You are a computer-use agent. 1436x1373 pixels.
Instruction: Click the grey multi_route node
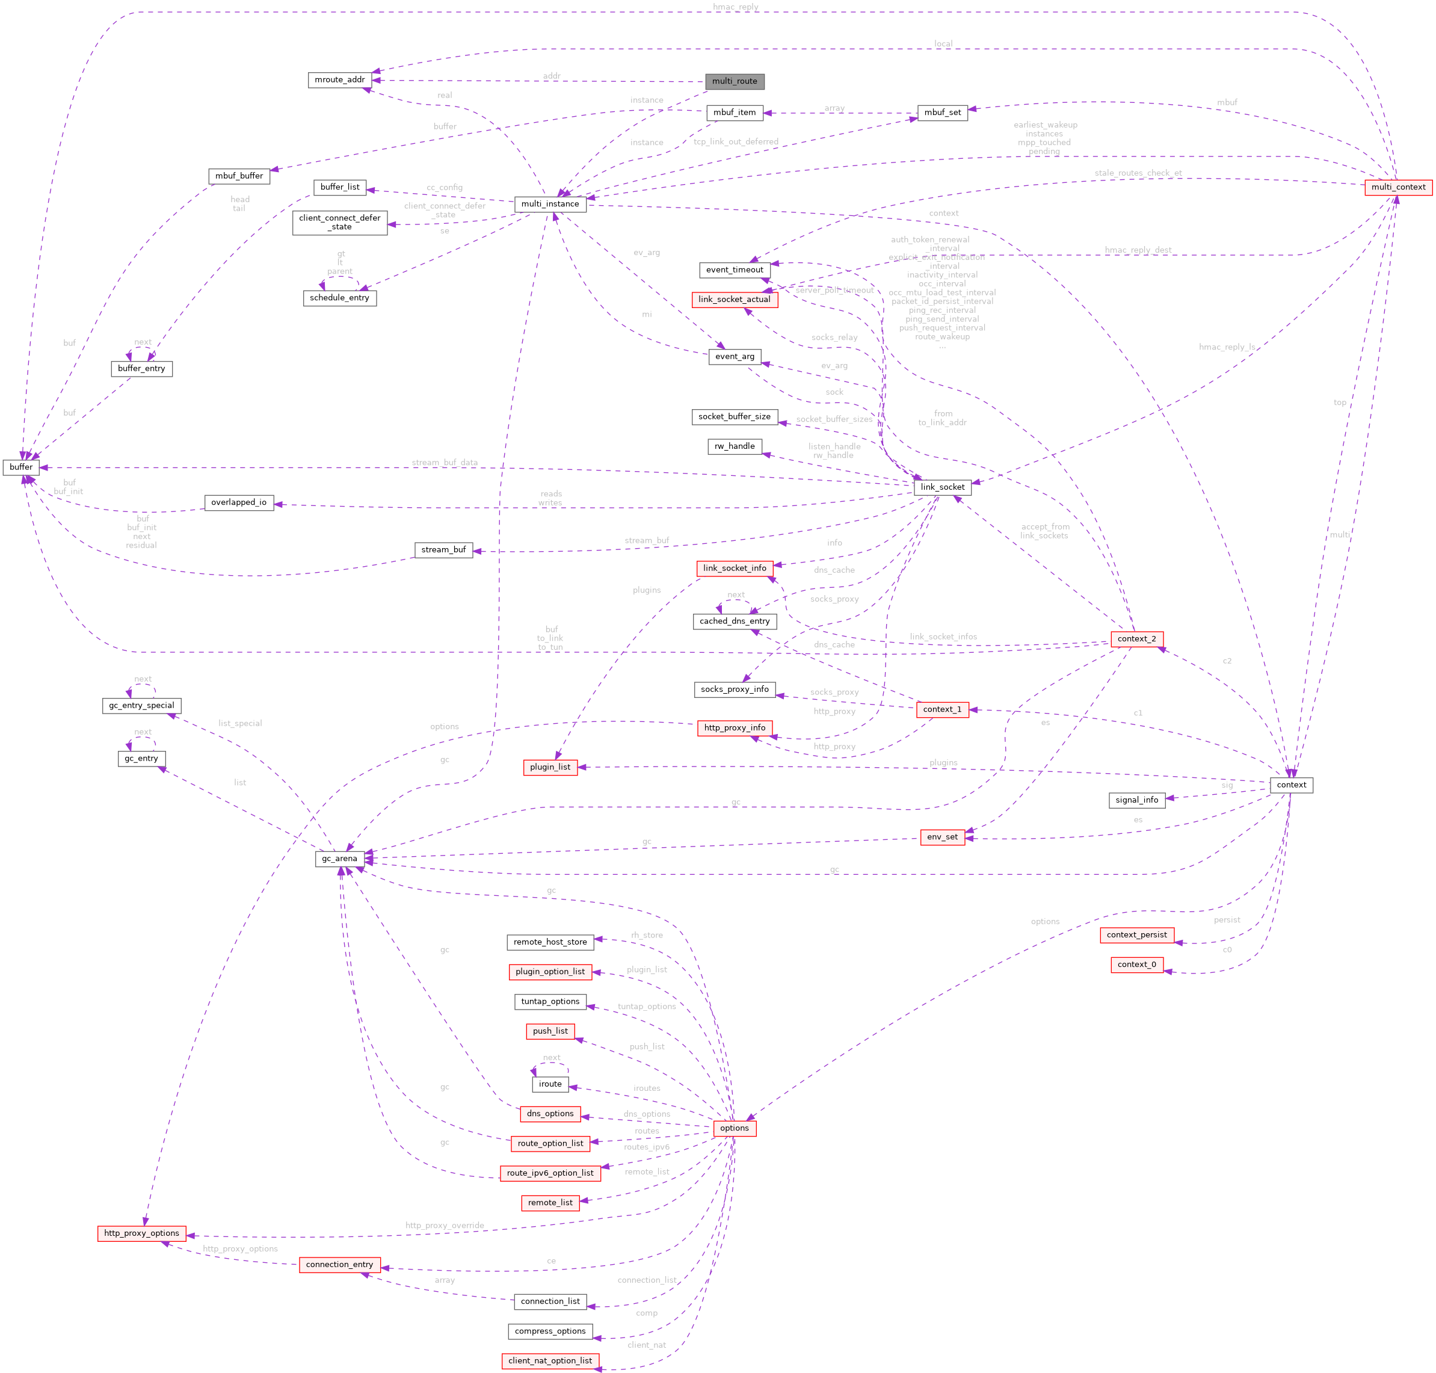[734, 81]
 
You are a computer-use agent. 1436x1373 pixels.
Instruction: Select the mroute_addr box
[340, 80]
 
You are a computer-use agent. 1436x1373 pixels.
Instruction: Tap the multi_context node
[1398, 187]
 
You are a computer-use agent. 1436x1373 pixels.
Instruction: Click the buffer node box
[20, 467]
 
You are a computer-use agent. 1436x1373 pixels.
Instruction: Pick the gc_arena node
[340, 859]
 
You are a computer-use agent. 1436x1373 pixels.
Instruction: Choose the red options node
[734, 1128]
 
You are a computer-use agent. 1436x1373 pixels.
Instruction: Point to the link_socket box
[942, 487]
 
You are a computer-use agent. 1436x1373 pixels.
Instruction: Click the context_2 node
[1136, 639]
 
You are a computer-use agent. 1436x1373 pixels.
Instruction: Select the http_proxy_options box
[141, 1233]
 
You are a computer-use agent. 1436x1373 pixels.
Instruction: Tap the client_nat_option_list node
[550, 1360]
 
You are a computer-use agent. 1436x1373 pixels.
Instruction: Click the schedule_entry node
[340, 298]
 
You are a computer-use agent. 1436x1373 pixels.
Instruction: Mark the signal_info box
[1136, 800]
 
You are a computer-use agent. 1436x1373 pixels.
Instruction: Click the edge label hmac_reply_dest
[1138, 250]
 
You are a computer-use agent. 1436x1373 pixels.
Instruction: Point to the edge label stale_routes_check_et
[1138, 173]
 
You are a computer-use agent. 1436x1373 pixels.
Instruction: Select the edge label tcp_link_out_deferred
[736, 142]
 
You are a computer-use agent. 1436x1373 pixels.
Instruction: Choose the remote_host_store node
[550, 942]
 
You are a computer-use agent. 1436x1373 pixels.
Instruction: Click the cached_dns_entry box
[734, 622]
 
